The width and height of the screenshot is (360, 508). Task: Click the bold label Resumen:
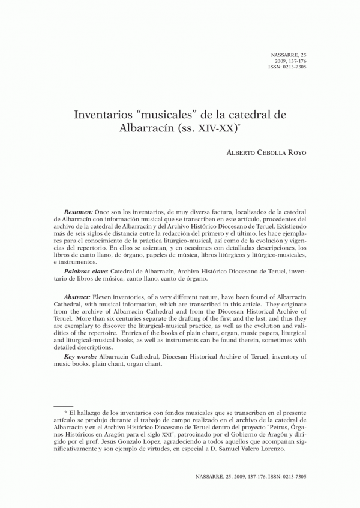[79, 212]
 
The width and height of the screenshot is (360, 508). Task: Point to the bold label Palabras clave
[85, 272]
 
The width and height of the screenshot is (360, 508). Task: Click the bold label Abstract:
[79, 297]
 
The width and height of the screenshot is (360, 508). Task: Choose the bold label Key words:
[82, 357]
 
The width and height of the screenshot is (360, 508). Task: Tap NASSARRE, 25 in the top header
[289, 55]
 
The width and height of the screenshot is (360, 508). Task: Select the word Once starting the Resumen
[104, 212]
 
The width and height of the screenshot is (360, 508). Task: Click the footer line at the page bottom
[251, 476]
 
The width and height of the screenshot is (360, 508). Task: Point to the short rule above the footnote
[63, 405]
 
